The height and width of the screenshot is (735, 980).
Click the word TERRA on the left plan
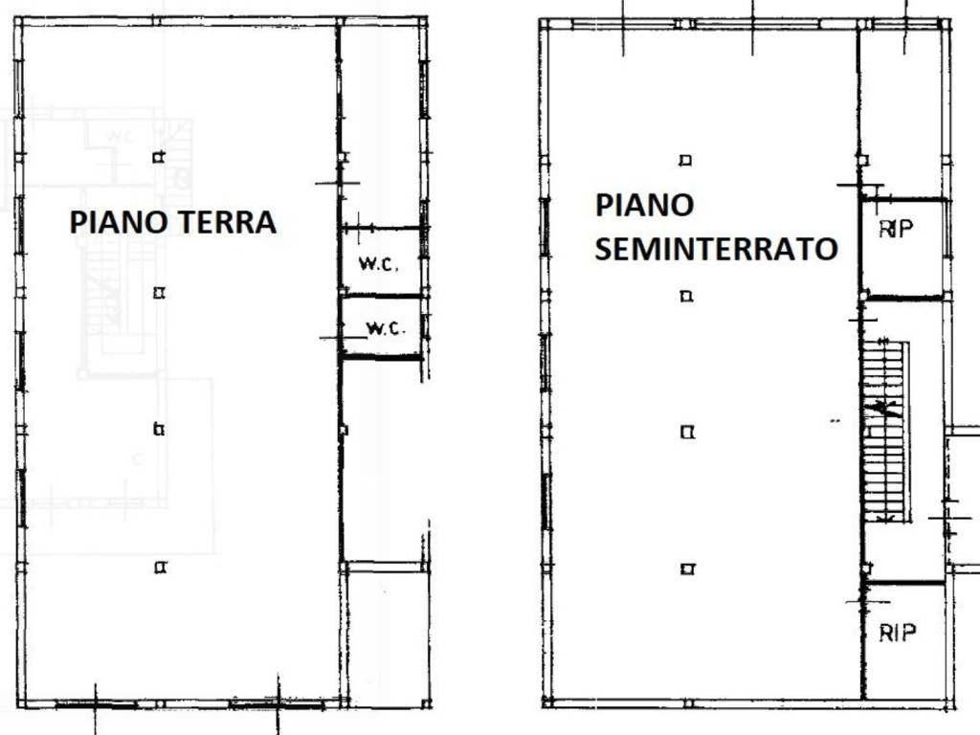pos(225,223)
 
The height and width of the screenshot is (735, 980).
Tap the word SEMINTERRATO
pos(716,250)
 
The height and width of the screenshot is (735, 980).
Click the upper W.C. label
pos(378,264)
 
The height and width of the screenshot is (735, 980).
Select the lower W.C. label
pos(387,328)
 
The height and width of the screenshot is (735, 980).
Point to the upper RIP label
pos(897,229)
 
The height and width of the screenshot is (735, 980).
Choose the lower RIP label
pos(898,633)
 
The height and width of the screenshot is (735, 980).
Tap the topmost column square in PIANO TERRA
pos(159,157)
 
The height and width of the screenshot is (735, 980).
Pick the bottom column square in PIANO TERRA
pos(160,568)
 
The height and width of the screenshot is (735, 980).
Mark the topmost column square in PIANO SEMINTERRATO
pos(685,160)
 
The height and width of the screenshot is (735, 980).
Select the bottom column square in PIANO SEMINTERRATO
pos(687,569)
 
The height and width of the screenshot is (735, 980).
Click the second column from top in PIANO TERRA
pos(159,293)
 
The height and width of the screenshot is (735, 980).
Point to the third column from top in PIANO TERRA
pos(159,430)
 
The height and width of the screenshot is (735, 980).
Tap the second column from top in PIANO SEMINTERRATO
pos(685,297)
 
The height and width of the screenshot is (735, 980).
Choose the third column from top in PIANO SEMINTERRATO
pos(687,433)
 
